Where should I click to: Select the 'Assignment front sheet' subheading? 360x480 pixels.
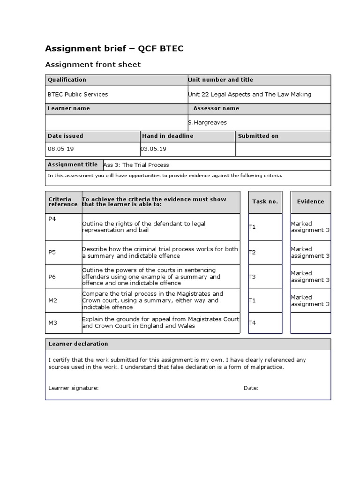pyautogui.click(x=92, y=65)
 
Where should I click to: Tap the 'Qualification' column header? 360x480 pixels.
pyautogui.click(x=67, y=80)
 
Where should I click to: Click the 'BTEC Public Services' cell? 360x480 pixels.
pyautogui.click(x=78, y=94)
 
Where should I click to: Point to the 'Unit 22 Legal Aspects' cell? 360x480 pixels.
pyautogui.click(x=249, y=94)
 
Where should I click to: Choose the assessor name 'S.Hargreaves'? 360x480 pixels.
pyautogui.click(x=207, y=122)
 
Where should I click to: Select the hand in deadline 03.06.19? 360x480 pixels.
pyautogui.click(x=154, y=149)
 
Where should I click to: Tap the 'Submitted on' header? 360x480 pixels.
pyautogui.click(x=258, y=136)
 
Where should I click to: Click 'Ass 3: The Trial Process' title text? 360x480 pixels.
pyautogui.click(x=136, y=165)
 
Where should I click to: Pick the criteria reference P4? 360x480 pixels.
pyautogui.click(x=52, y=219)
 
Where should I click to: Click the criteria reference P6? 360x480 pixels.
pyautogui.click(x=52, y=277)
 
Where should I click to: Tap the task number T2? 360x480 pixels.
pyautogui.click(x=252, y=252)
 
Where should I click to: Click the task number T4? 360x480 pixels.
pyautogui.click(x=252, y=322)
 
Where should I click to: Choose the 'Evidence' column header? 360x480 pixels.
pyautogui.click(x=310, y=202)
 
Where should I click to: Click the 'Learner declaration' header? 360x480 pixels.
pyautogui.click(x=78, y=344)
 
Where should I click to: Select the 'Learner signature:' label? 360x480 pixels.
pyautogui.click(x=74, y=388)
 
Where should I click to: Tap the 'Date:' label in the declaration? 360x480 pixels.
pyautogui.click(x=251, y=388)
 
